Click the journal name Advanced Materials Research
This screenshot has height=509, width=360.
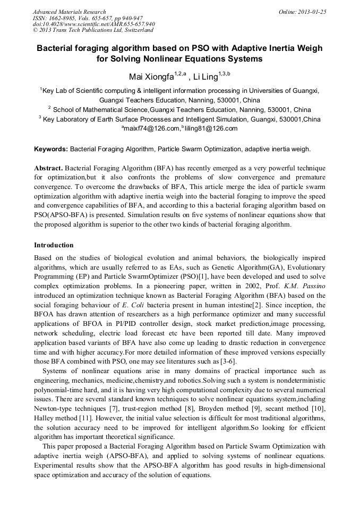(x=69, y=12)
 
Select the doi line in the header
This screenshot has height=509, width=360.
(x=94, y=24)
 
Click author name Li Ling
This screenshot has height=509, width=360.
(x=206, y=77)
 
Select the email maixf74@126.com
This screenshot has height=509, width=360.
(x=151, y=128)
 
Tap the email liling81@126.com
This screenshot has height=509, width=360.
(x=211, y=128)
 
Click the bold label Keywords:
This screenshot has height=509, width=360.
(x=51, y=149)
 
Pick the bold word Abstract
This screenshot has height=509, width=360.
(x=48, y=168)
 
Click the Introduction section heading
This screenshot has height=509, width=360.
(x=54, y=245)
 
